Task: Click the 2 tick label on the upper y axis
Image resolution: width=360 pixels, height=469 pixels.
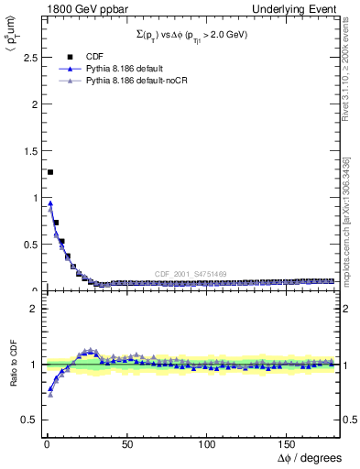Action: point(30,104)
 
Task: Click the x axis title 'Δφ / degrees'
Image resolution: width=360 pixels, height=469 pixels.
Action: point(306,458)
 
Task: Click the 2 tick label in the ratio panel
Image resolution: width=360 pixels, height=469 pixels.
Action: point(30,309)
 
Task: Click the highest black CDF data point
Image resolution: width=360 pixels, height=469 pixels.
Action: point(49,172)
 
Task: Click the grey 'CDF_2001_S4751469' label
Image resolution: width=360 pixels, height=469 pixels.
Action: point(191,274)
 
